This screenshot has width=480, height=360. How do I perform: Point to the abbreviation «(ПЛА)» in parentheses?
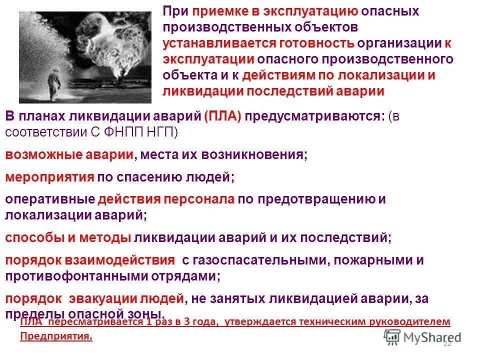(223, 116)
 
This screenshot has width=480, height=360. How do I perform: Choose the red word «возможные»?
(38, 154)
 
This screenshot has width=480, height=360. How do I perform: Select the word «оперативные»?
(50, 199)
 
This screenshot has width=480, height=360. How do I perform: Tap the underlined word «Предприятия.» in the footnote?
(56, 335)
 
